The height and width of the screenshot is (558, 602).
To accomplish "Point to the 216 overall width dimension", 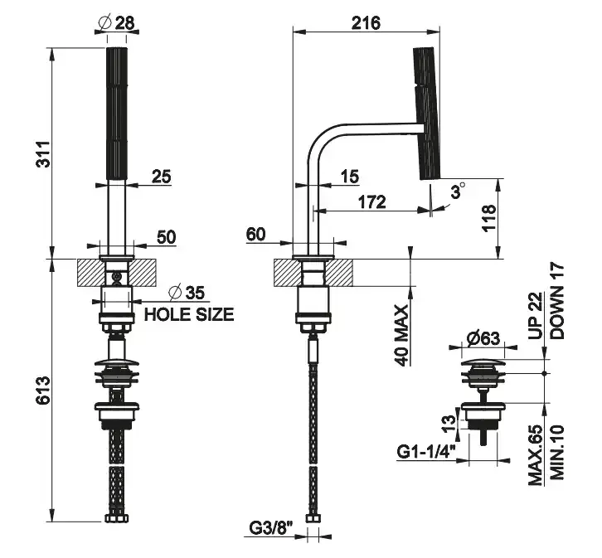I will (x=364, y=22).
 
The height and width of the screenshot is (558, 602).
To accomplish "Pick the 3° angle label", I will (x=455, y=192).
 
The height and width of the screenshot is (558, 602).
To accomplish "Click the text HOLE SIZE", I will (x=189, y=315).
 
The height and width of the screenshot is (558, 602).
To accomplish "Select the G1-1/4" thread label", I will (x=424, y=453).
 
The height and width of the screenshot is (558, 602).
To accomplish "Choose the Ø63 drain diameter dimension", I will (x=480, y=338).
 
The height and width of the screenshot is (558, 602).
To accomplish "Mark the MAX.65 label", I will (x=536, y=455).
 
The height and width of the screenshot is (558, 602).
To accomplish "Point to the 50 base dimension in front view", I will (x=166, y=236).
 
